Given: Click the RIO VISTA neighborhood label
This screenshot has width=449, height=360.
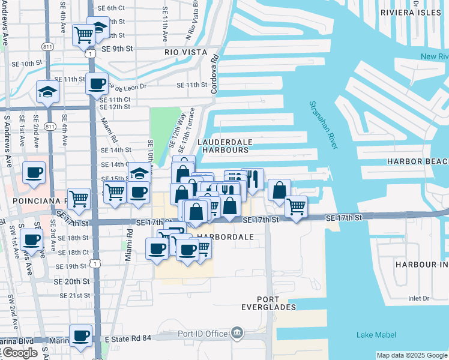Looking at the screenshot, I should pos(185,52).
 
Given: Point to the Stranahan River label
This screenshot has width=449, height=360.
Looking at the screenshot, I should pos(322,125).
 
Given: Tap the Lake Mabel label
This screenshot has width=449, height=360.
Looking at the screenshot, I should pos(376,335).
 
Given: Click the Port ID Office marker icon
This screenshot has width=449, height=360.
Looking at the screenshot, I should pos(237,332).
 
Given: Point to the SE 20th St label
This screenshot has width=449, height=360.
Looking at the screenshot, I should pos(74,281).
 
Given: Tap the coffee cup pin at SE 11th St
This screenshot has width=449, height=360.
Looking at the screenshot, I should pos(96,83).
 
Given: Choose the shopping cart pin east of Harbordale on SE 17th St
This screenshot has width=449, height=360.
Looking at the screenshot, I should pos(296,206).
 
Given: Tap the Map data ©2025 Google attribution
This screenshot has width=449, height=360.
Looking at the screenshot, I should pos(412,355).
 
